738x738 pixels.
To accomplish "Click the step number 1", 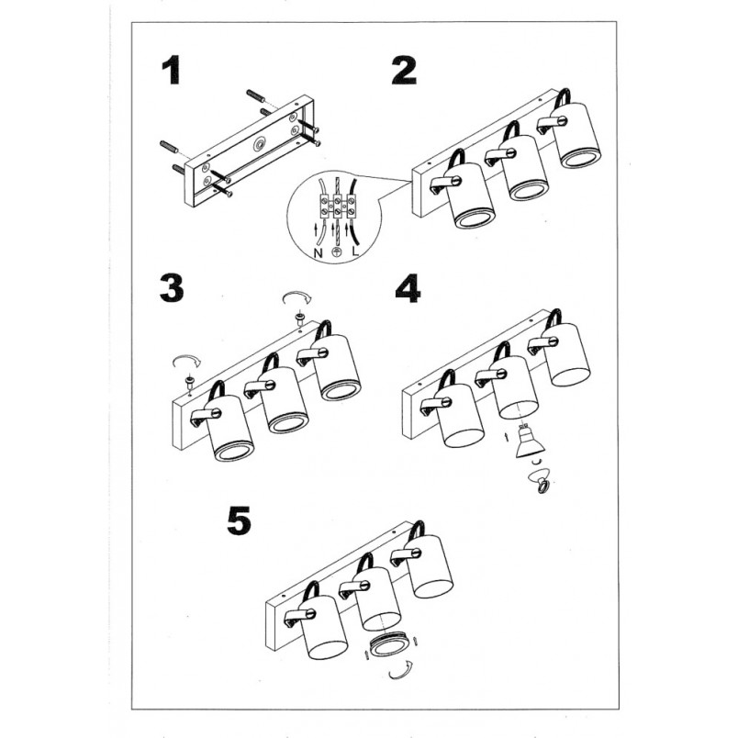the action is pos(171,71).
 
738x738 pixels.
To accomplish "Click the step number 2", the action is pos(404,71).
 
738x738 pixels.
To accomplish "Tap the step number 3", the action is pos(172,288).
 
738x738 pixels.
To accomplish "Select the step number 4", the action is pos(408,288).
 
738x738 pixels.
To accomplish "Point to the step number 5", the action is pos(239,521).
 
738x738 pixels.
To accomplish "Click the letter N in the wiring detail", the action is pos(319,253).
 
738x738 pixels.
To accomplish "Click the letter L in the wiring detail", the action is pos(355,252).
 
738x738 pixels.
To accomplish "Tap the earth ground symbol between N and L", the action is pos(337,252).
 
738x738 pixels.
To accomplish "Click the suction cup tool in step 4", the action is pos(541,479).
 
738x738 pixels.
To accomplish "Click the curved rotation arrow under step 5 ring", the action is pos(400,672).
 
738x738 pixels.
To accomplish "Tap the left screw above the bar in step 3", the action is pos(190,381).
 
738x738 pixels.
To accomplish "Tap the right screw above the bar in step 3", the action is pos(298,319).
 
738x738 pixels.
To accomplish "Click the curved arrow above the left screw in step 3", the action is pos(187,360).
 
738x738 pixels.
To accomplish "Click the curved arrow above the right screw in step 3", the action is pos(296,297).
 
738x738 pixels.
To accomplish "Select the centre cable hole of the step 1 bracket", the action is pos(259,143).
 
